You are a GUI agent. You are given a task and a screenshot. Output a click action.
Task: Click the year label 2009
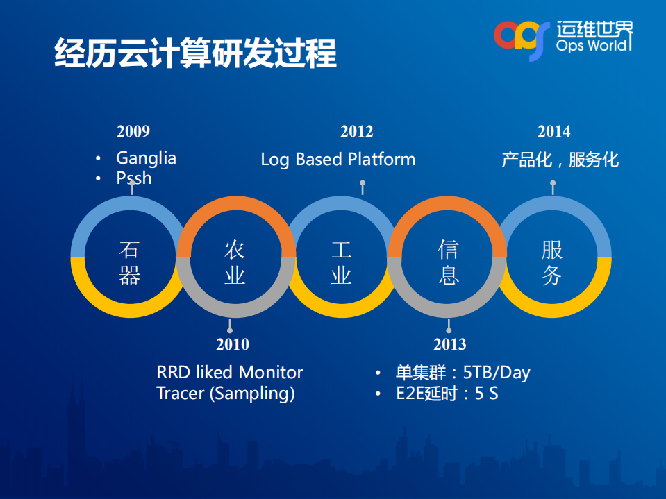coord(133,132)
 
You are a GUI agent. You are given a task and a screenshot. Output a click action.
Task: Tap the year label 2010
coord(233,344)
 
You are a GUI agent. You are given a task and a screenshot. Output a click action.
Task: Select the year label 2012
coord(357,132)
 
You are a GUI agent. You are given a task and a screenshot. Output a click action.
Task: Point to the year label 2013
coord(450,344)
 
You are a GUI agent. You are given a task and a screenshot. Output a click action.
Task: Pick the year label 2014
coord(554,132)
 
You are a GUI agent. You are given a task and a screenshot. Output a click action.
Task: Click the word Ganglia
coord(146,159)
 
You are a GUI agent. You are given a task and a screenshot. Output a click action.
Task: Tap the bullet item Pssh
coord(134,178)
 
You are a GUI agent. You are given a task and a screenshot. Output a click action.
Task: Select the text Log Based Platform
coord(338,160)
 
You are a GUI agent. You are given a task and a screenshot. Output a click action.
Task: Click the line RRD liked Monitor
coord(230,373)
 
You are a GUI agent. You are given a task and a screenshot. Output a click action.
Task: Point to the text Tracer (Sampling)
coord(226,394)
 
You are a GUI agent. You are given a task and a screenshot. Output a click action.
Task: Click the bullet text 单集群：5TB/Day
coord(463,373)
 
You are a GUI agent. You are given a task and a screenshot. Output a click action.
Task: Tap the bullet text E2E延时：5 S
coord(447,394)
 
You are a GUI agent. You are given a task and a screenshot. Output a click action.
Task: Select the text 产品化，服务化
coord(560,160)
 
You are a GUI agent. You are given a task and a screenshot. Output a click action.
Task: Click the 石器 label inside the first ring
coord(129,262)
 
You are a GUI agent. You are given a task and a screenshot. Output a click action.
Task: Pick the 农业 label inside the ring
coord(235,262)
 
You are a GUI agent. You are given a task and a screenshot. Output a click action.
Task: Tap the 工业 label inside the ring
coord(341,262)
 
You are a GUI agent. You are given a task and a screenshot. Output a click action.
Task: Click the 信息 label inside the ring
coord(448,262)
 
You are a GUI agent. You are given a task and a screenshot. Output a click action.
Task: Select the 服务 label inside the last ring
coord(552,262)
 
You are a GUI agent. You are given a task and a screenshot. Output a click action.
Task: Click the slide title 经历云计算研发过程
coord(195,53)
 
